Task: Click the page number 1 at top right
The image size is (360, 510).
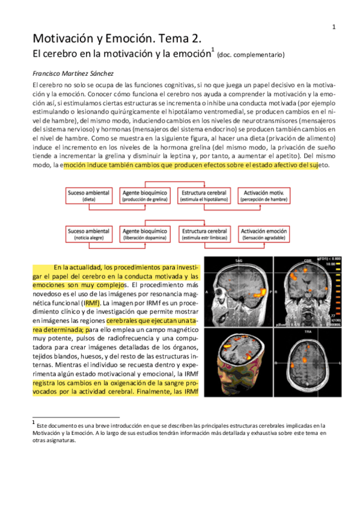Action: [x=334, y=26]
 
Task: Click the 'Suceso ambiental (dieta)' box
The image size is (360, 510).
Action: [x=89, y=195]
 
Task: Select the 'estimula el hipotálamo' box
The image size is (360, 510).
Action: [x=204, y=195]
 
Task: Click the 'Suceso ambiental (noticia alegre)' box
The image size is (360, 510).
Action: [x=89, y=234]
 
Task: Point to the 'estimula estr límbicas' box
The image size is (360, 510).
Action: [x=204, y=234]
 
